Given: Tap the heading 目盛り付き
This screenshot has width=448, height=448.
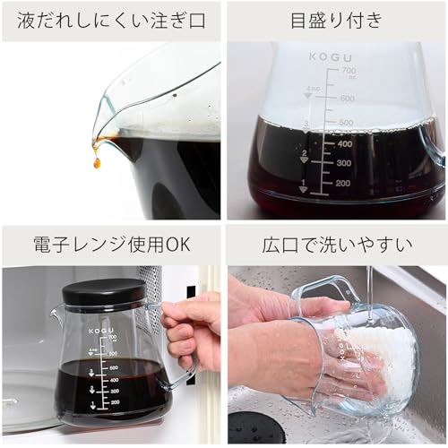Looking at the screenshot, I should tap(336, 20).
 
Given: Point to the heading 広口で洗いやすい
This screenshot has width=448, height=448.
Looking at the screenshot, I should tap(336, 244).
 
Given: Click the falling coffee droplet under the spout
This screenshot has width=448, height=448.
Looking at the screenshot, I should tap(96, 162).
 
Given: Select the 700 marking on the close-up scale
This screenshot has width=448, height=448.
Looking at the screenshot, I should tap(349, 71).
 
